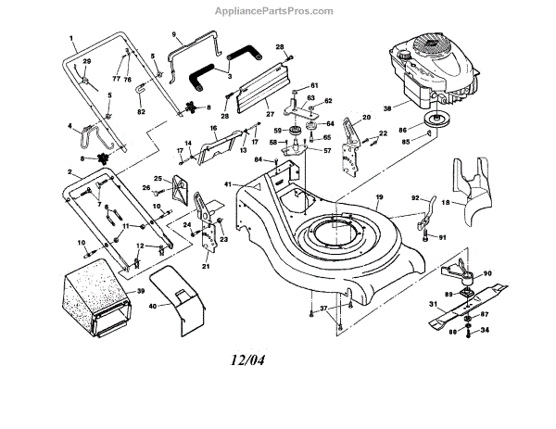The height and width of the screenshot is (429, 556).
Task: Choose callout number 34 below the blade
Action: [x=485, y=329]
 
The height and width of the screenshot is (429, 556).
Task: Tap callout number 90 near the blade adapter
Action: [x=487, y=274]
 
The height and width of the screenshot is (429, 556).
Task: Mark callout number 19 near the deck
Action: [x=378, y=197]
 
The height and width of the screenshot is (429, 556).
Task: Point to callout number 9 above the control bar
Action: [x=172, y=34]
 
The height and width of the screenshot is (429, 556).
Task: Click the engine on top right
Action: [x=431, y=69]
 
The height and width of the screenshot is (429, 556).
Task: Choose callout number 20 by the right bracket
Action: [x=366, y=118]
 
